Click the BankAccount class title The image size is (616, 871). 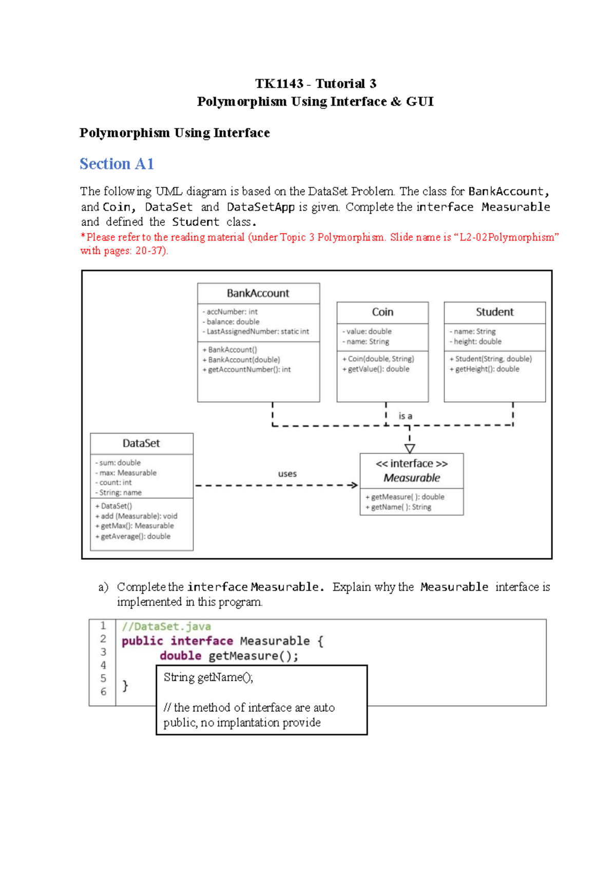coord(258,293)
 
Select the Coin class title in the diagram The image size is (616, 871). coord(382,312)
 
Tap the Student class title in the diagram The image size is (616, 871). coord(494,312)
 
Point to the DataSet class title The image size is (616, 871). coord(141,443)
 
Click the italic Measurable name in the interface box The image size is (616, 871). coord(412,478)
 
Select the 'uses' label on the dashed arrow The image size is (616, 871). coord(287,474)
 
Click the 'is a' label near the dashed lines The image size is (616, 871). coord(405,416)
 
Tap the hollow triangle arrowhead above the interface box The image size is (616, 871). coord(410,448)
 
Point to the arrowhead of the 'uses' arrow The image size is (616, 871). coord(354,485)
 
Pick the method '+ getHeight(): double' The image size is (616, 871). coord(484,369)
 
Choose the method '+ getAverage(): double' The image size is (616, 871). coord(133,536)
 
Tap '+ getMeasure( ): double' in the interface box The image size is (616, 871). coord(405,497)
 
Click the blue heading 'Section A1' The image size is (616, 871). coord(117,164)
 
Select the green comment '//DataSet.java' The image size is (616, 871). coord(166,627)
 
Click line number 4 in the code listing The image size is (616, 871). coord(103,665)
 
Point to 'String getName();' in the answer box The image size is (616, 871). coord(208,677)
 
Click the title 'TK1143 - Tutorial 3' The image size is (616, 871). coord(316,84)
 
